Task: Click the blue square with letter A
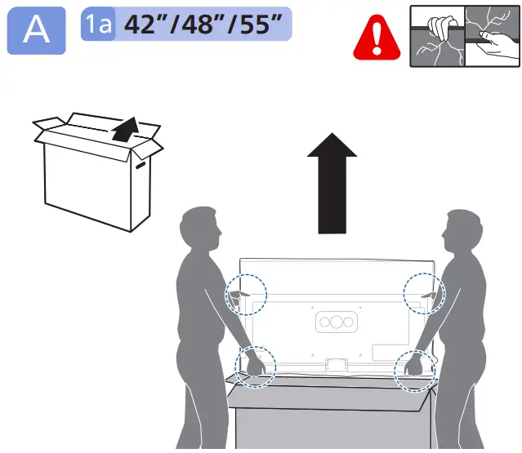(x=36, y=30)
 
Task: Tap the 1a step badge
(x=97, y=25)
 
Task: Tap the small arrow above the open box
(x=124, y=129)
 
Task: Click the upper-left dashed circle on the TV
(x=246, y=292)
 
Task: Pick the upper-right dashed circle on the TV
(x=423, y=292)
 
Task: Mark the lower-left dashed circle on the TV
(x=254, y=365)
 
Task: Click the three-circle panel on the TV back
(x=336, y=322)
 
